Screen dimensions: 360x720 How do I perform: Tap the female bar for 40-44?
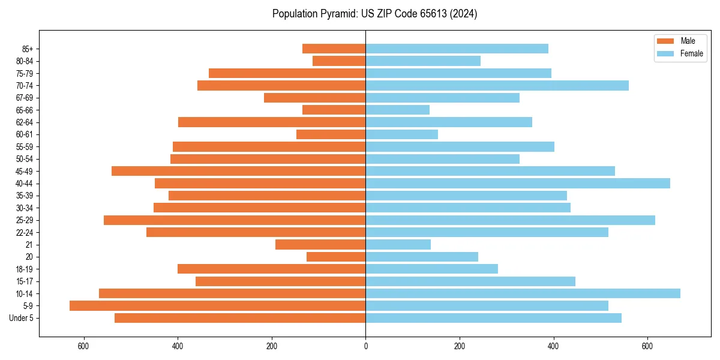coord(517,184)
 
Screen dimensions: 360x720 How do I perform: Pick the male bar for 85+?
coord(334,49)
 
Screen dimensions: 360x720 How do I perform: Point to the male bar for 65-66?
coord(334,110)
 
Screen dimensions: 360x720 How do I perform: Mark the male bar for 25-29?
coord(235,220)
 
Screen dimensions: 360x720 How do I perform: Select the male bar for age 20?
coord(336,257)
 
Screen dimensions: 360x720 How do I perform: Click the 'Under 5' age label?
coord(21,318)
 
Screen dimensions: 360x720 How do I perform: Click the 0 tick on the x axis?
coord(365,346)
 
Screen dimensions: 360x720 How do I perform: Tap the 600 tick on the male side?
coord(83,346)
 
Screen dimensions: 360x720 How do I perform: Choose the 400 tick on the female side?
coord(553,346)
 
